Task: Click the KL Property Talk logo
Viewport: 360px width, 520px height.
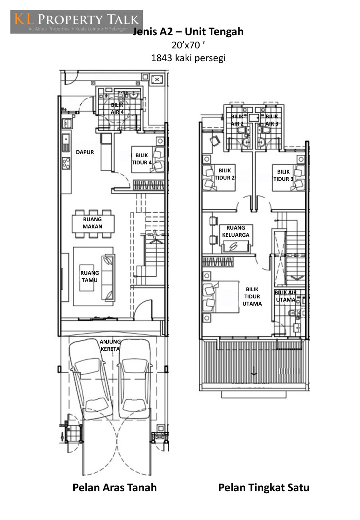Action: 76,22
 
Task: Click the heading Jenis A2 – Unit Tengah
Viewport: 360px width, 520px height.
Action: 188,32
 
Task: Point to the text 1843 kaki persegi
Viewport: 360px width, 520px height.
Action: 188,58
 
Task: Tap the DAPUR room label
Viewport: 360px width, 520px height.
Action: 85,152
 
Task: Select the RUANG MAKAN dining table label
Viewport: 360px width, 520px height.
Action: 92,223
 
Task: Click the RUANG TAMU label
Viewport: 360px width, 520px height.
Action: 90,276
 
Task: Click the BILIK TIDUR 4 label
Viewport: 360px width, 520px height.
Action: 142,159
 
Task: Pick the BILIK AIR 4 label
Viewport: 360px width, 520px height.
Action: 117,108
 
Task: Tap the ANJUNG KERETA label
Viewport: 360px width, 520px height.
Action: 110,345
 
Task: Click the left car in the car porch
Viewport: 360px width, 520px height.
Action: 91,379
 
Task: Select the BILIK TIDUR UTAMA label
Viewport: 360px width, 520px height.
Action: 252,296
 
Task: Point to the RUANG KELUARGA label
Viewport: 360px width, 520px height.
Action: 236,231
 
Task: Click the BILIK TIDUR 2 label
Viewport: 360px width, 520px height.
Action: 225,174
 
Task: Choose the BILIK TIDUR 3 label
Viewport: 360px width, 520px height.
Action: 283,175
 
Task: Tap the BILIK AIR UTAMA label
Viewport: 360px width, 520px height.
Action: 286,296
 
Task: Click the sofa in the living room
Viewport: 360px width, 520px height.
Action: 108,278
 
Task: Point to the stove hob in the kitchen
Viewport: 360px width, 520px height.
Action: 66,163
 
